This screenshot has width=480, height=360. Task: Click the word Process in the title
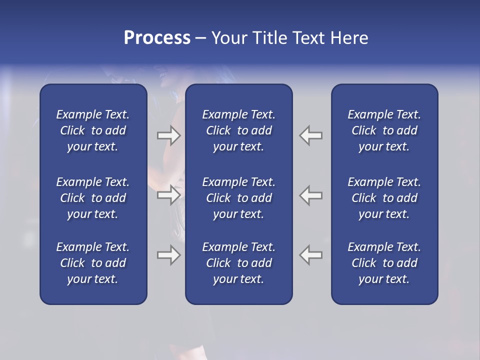[157, 38]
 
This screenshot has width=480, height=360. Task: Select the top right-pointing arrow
[168, 135]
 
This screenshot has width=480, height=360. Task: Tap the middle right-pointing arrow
[168, 194]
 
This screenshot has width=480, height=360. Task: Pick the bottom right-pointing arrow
[168, 255]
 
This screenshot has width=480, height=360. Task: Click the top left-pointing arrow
[311, 135]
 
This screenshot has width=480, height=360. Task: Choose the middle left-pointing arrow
[311, 194]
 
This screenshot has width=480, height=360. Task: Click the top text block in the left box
[93, 130]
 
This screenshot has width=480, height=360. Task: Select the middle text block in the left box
[93, 198]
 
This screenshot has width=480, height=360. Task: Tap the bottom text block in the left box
[93, 263]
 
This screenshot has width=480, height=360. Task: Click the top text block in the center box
[238, 130]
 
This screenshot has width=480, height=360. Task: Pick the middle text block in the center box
[238, 198]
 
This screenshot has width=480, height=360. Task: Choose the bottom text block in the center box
[238, 263]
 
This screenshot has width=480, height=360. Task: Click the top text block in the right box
[384, 130]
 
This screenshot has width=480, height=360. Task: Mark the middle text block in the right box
[384, 198]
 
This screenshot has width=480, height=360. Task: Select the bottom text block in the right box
[384, 263]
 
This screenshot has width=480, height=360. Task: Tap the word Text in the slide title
[308, 38]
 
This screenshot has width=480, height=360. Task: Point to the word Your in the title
[229, 38]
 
